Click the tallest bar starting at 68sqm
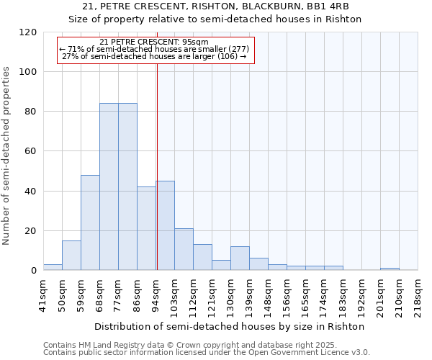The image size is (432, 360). [109, 186]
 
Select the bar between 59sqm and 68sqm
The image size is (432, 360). [90, 222]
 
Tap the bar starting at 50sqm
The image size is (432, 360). [71, 255]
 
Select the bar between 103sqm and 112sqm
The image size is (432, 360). [184, 249]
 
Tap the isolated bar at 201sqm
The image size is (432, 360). [390, 269]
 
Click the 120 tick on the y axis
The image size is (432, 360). [29, 32]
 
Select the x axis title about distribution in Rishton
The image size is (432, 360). [230, 326]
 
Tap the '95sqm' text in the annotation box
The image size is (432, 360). [194, 42]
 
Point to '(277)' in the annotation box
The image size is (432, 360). [235, 49]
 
